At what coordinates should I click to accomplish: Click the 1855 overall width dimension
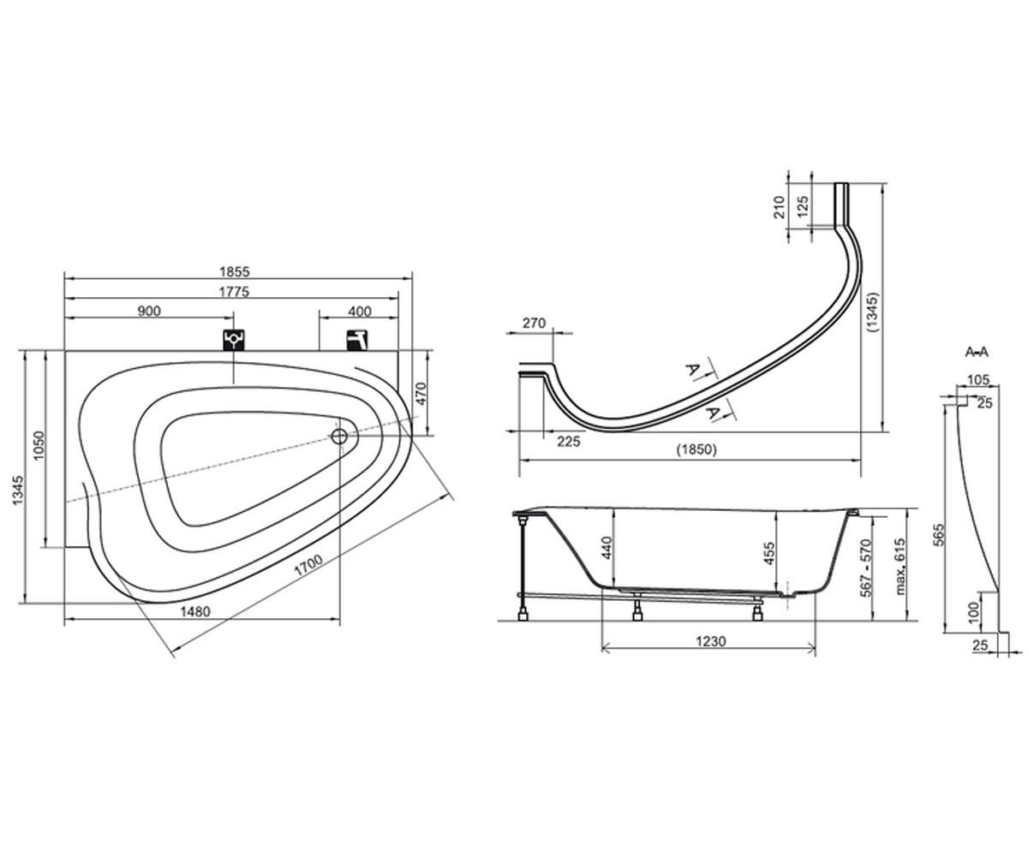click(235, 271)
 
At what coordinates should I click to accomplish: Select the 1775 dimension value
click(235, 292)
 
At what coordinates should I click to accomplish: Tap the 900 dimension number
click(149, 312)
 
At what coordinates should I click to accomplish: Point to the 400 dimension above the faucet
click(360, 312)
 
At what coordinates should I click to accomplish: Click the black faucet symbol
click(357, 340)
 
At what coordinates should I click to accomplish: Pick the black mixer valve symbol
click(234, 340)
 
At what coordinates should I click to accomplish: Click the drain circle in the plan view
click(339, 436)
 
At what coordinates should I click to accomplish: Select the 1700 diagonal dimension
click(308, 565)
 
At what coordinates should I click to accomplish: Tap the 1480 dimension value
click(195, 611)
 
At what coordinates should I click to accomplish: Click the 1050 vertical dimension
click(39, 446)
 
